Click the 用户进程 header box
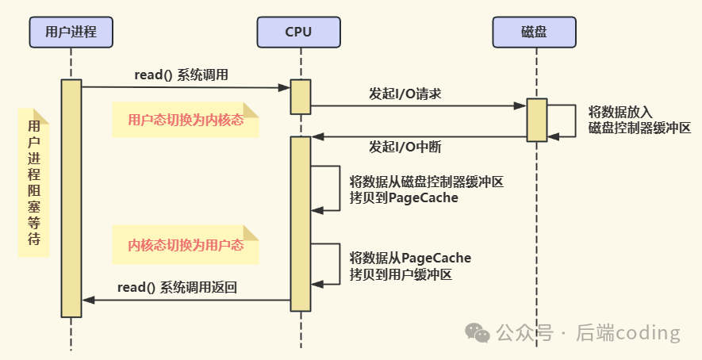[71, 32]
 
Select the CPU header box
[299, 32]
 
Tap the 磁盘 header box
[534, 32]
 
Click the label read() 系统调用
[182, 75]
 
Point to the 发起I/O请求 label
[405, 94]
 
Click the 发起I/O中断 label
[405, 147]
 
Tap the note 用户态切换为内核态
[185, 121]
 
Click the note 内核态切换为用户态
[185, 245]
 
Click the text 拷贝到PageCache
[404, 197]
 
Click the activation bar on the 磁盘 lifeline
[537, 120]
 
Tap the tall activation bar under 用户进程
[71, 198]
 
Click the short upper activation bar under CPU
[300, 97]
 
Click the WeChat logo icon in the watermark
[478, 333]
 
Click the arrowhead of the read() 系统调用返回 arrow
[88, 300]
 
